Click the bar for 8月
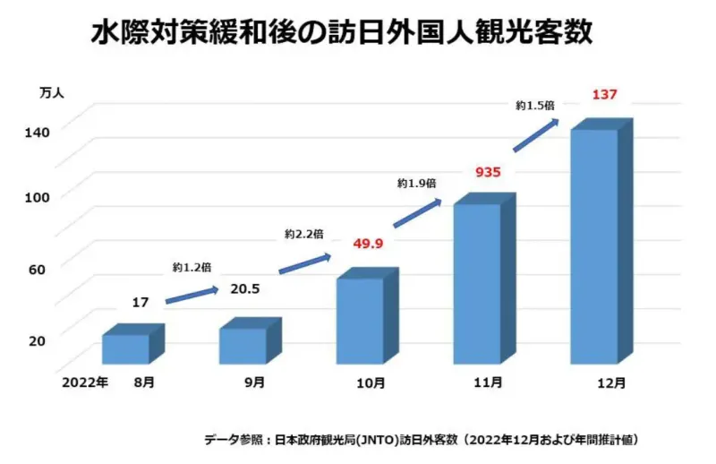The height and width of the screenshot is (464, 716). click(x=125, y=348)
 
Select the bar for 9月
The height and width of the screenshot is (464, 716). click(x=243, y=345)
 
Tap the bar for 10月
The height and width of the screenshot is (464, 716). click(x=360, y=320)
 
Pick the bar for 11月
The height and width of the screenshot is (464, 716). click(x=476, y=283)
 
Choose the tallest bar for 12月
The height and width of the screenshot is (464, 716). click(x=594, y=246)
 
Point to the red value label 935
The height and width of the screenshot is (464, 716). click(x=487, y=172)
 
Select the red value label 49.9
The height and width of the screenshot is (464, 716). click(x=368, y=245)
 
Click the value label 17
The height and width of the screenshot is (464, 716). click(x=141, y=303)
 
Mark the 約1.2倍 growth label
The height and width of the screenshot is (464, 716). click(x=192, y=266)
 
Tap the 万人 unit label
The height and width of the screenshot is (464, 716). click(x=51, y=91)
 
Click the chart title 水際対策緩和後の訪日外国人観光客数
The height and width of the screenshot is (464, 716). click(x=343, y=33)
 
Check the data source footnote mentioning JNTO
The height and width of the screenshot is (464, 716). click(x=421, y=440)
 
